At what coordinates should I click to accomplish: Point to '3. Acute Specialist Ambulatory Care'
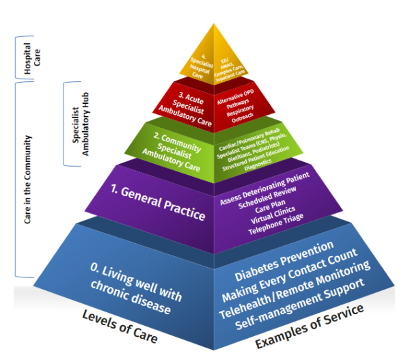(x=186, y=109)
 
